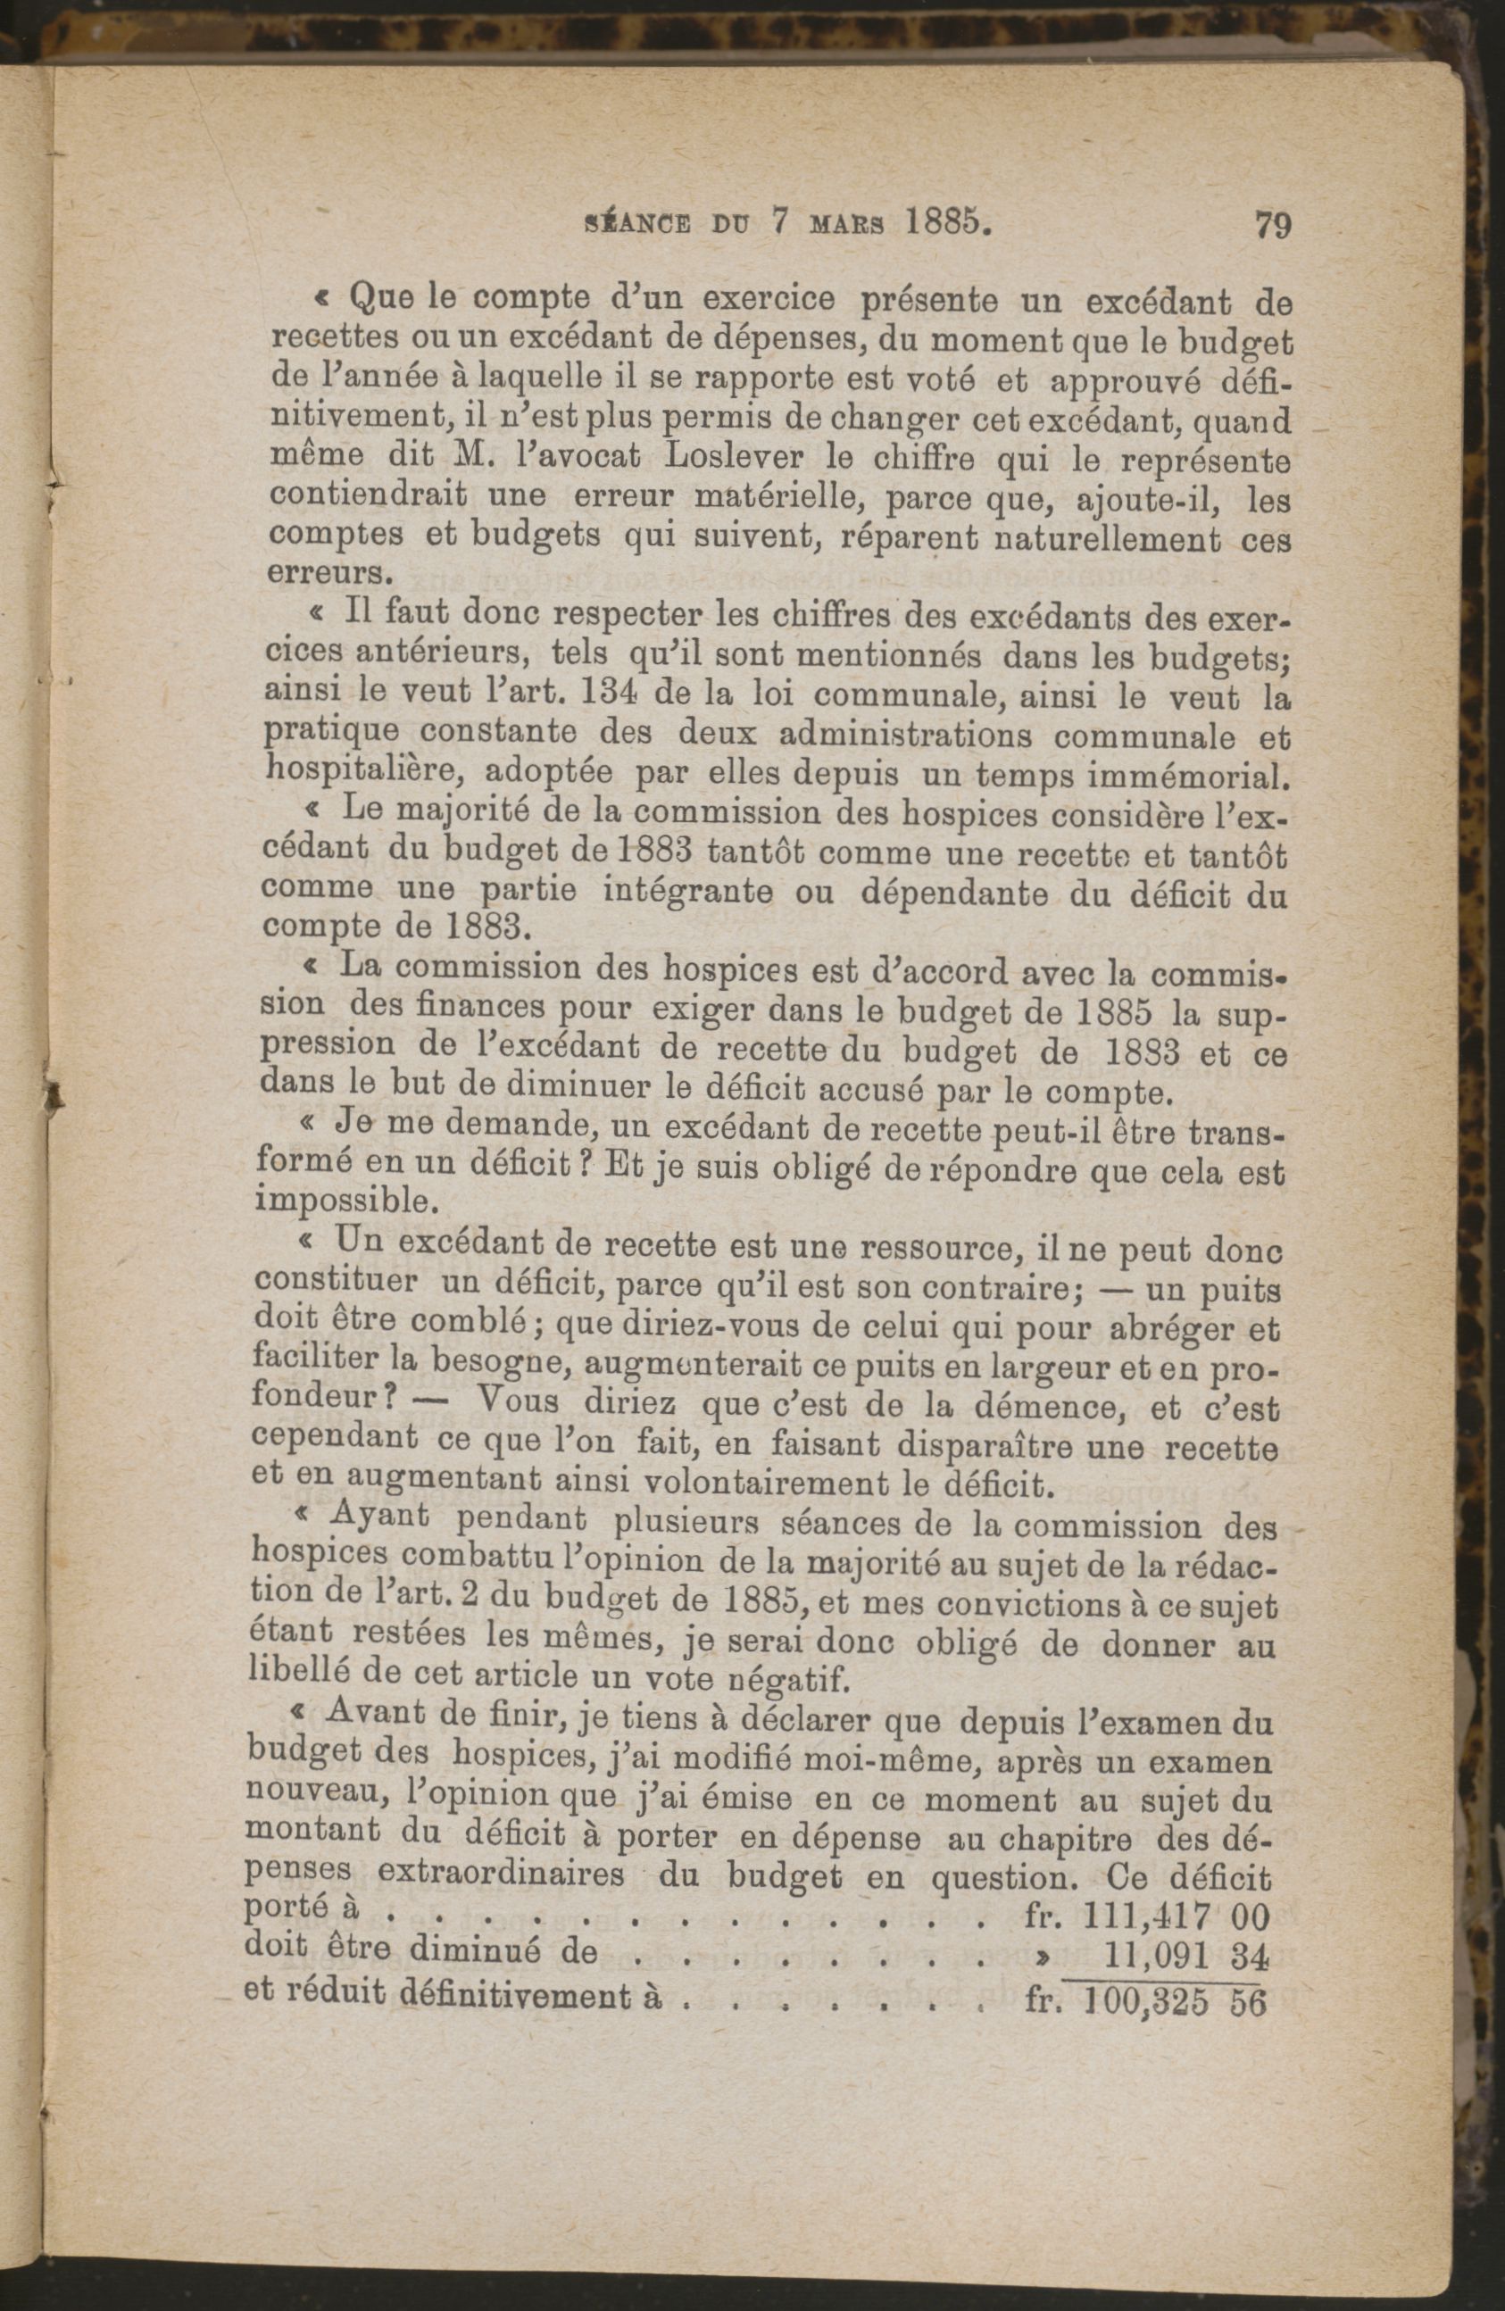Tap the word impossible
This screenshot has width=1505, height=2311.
tap(340, 1202)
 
